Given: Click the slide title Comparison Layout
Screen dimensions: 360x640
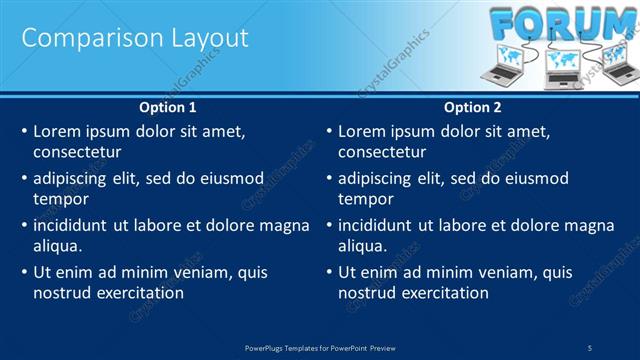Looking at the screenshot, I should [135, 38].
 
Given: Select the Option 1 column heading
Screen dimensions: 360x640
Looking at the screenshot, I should [167, 107].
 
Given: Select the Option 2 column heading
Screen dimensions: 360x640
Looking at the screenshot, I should [472, 107].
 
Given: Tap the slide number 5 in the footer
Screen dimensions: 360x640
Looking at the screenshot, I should [590, 347].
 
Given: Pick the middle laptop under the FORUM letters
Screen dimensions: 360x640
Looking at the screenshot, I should [561, 66].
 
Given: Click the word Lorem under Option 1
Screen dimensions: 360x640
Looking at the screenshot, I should [57, 131].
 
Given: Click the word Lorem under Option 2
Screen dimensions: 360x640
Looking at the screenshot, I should [362, 131].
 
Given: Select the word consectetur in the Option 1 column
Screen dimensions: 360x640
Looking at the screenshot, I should [77, 152].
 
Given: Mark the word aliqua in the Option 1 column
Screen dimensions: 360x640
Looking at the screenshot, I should [56, 246].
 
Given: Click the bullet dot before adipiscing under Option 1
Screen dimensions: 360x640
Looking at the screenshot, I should [24, 179].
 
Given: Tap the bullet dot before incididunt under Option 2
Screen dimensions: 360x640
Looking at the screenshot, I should [329, 226].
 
